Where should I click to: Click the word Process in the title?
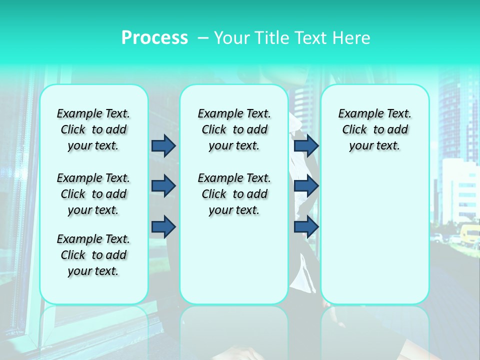coord(154,37)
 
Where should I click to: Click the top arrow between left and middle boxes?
coord(163,145)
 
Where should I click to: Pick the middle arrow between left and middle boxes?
coord(163,186)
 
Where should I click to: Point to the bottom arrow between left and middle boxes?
coord(163,227)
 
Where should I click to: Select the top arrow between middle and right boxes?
coord(306,145)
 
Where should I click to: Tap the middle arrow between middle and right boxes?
coord(306,186)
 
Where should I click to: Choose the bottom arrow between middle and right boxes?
coord(306,227)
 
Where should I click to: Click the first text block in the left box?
coord(93,129)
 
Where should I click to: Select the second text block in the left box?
coord(93,194)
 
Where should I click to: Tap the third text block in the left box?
coord(93,255)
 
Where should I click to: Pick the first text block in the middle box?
coord(234,129)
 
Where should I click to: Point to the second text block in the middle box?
coord(234,194)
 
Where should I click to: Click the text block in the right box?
coord(374,129)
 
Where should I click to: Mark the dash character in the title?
coord(202,38)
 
